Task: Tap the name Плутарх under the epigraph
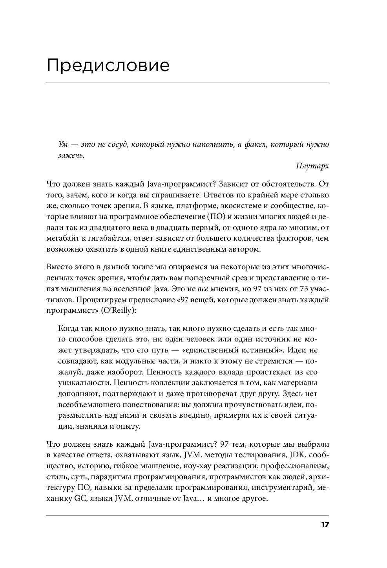(x=312, y=166)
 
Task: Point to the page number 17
(x=325, y=525)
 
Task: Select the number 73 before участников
(x=295, y=289)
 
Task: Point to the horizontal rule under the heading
(x=188, y=83)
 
